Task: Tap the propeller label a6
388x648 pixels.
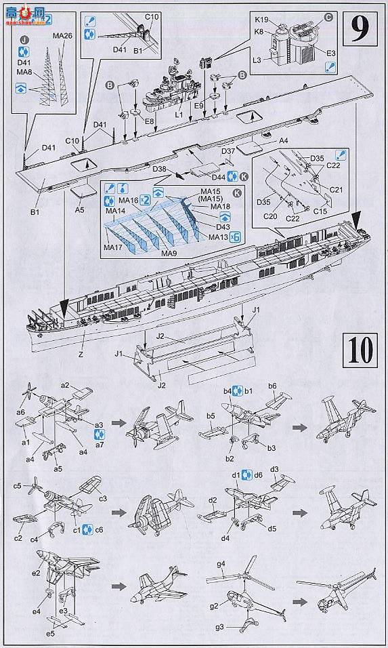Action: click(x=21, y=411)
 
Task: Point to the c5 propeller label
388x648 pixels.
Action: click(x=18, y=485)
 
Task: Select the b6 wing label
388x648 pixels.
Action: click(x=272, y=386)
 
